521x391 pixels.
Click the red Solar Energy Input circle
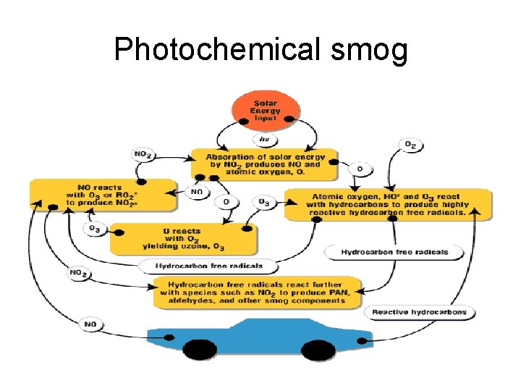coord(266,111)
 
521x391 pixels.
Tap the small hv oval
coord(266,139)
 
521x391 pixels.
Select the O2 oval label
coord(410,146)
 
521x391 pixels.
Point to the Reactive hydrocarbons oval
coord(419,313)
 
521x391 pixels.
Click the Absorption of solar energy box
coord(264,164)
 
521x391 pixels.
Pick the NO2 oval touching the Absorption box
coord(142,154)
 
